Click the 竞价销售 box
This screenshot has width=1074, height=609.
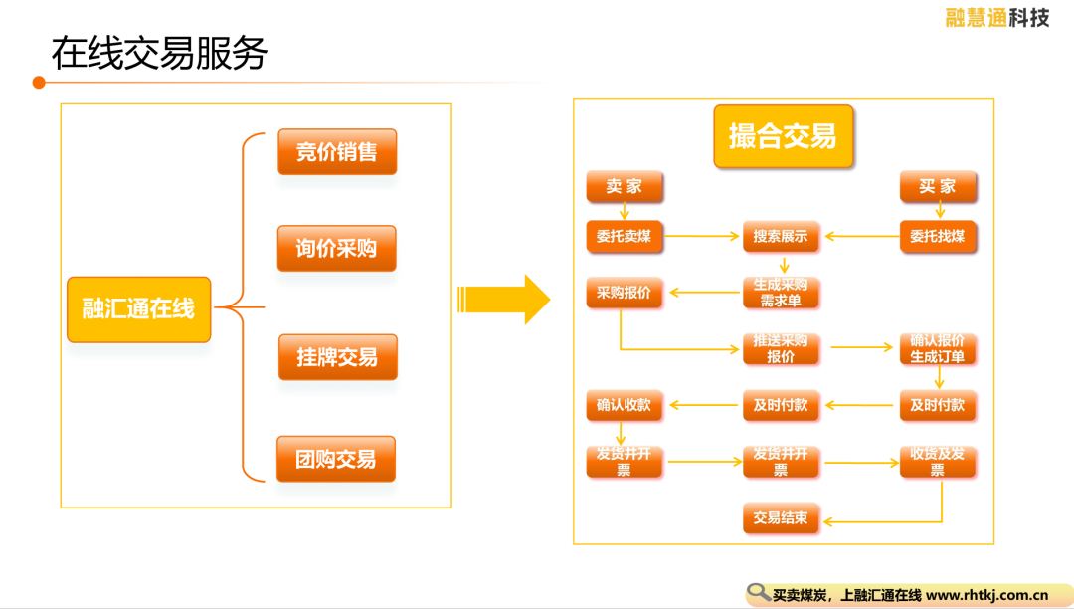[337, 151]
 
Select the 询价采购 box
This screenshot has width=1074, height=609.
[336, 248]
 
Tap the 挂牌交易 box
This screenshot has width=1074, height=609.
[338, 357]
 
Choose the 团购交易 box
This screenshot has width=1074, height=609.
[336, 459]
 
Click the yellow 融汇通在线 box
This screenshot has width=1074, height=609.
[139, 308]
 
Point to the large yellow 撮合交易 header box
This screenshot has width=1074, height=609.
[783, 136]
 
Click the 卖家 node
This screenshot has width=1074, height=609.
[624, 186]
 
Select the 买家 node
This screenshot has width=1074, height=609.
[938, 186]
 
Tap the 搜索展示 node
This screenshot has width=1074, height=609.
[781, 237]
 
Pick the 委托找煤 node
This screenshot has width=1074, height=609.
[938, 237]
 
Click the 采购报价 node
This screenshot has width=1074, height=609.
[624, 293]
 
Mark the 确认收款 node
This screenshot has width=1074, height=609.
[624, 405]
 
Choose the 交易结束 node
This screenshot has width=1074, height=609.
[781, 517]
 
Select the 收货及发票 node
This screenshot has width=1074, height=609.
[938, 462]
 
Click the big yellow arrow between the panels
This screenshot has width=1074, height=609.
[503, 300]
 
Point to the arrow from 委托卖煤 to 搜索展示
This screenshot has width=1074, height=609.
[701, 237]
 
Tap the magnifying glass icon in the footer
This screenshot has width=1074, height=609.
[758, 592]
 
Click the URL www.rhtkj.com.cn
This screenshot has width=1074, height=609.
[987, 595]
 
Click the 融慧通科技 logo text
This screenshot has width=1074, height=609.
[997, 17]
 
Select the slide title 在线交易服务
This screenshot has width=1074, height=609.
[159, 53]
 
